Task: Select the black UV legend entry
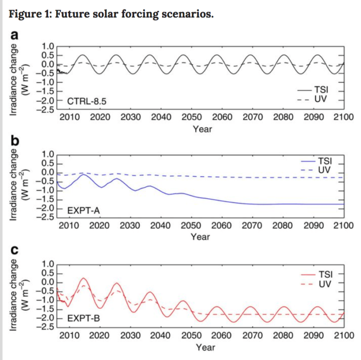pos(321,99)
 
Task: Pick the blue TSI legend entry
pos(324,161)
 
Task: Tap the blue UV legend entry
pos(324,169)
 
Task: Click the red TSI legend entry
pos(324,274)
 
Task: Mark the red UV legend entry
pos(324,284)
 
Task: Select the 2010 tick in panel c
pos(69,336)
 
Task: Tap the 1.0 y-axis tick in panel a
pos(48,46)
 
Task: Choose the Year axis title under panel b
pos(200,237)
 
